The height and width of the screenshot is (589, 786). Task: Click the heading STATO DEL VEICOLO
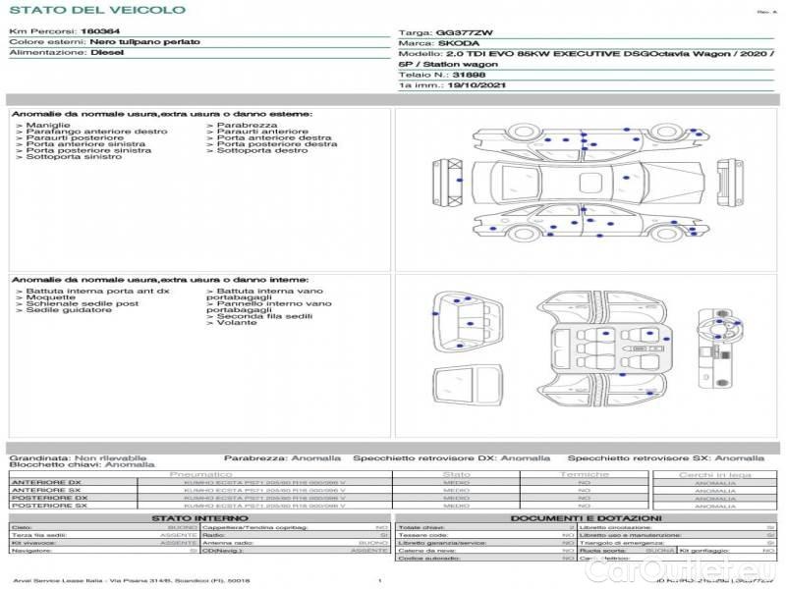(96, 10)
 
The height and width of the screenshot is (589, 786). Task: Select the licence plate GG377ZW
(460, 32)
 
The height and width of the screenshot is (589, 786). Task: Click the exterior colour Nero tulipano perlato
(144, 43)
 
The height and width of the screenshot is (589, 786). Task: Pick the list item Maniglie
(47, 126)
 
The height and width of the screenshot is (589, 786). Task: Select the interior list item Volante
(236, 323)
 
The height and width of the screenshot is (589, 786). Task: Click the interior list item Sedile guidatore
(62, 310)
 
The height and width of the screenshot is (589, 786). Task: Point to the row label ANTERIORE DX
(46, 483)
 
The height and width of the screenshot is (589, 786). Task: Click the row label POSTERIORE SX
(48, 507)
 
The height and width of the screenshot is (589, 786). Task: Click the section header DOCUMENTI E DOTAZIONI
(586, 517)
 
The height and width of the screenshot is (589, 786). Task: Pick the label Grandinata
(39, 457)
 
